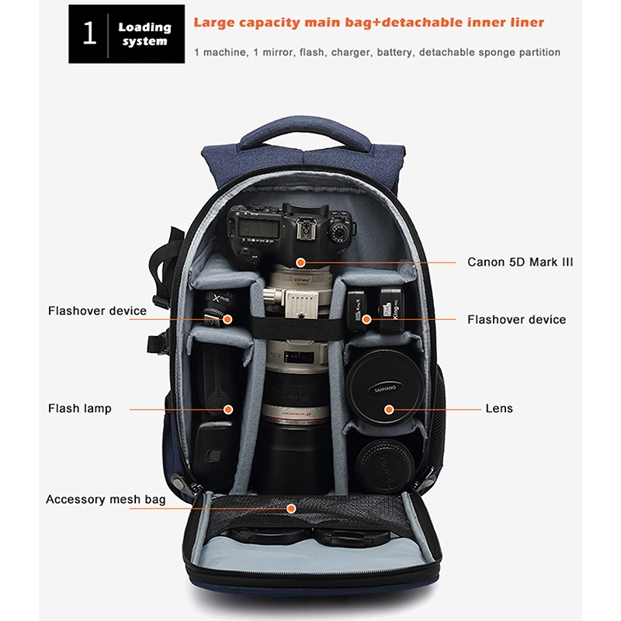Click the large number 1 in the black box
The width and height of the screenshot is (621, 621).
point(90,33)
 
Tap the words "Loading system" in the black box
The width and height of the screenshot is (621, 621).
point(144,34)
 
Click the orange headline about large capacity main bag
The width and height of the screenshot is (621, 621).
point(369,23)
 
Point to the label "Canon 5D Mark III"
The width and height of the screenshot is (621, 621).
point(520,262)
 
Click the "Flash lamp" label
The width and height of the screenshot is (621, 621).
point(80,408)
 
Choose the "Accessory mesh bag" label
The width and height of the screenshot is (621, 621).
point(106,499)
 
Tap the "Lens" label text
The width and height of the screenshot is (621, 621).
point(499,408)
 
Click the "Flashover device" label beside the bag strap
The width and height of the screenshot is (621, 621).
point(97,311)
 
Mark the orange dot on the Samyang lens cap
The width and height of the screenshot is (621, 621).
point(389,410)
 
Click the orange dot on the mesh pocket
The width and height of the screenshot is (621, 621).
point(291,508)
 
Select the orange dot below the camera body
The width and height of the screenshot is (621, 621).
point(300,262)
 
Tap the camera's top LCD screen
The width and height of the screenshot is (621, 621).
point(258,228)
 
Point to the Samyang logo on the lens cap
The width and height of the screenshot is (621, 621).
point(385,389)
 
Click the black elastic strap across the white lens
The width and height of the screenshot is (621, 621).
point(297,328)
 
